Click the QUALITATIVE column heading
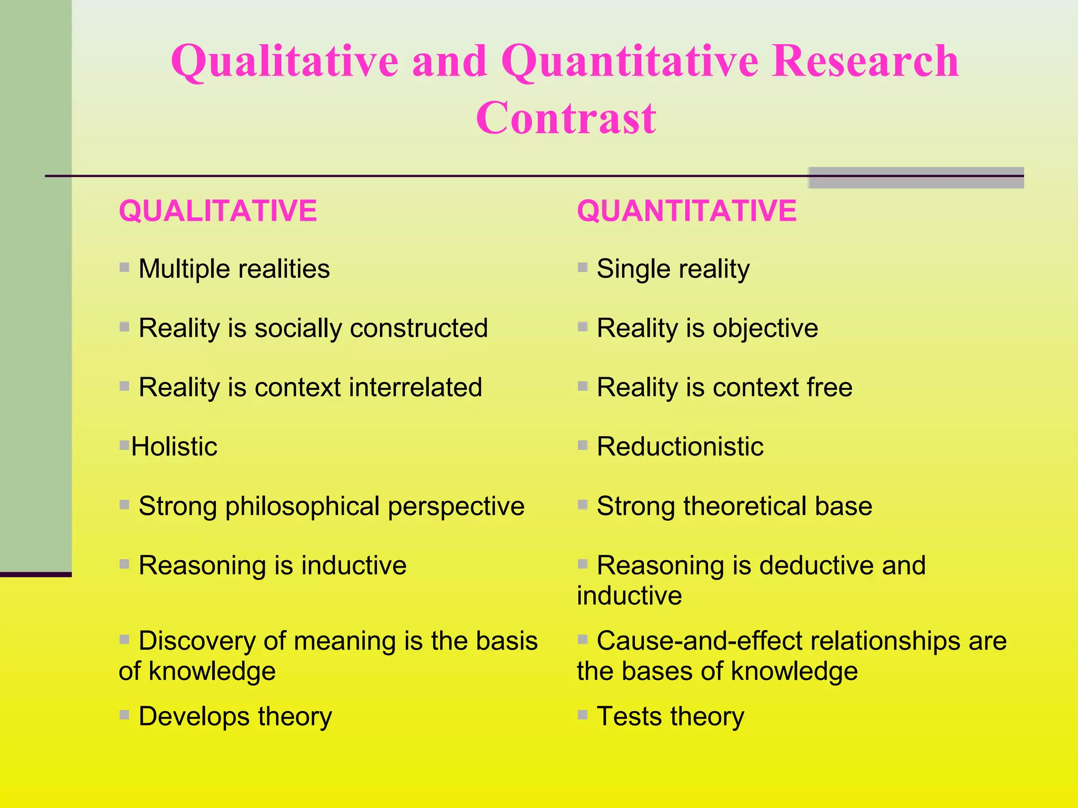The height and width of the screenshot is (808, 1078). (218, 211)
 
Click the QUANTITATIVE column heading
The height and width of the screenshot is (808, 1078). (686, 211)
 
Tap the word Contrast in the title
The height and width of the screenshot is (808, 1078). (566, 118)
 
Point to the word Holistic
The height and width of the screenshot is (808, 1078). (174, 447)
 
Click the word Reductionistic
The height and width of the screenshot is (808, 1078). (680, 447)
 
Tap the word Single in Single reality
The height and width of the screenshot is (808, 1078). (632, 269)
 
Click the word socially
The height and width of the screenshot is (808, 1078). (298, 328)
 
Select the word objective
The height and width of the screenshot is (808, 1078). (765, 328)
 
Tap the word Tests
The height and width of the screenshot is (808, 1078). (630, 716)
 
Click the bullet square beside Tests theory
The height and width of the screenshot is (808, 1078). (582, 714)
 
